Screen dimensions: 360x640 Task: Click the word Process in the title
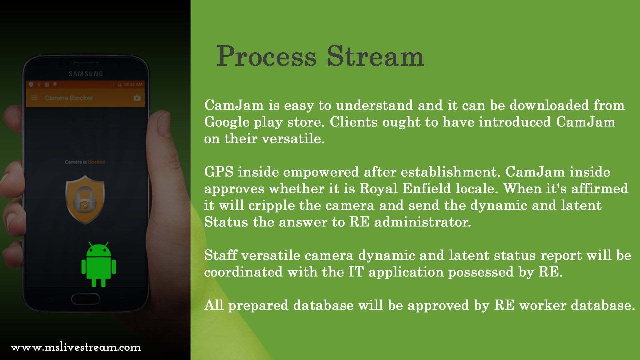click(266, 57)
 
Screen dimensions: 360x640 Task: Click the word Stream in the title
click(375, 57)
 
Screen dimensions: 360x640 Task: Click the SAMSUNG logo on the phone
click(86, 74)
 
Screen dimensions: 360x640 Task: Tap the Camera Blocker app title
click(69, 98)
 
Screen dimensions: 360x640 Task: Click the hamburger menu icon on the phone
click(34, 98)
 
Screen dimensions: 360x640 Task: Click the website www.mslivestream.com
click(76, 347)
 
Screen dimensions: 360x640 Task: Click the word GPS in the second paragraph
click(219, 172)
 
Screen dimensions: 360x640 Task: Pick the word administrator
click(422, 222)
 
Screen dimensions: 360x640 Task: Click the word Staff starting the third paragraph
click(221, 256)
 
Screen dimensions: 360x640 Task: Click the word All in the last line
click(214, 305)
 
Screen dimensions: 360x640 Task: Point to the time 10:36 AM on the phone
click(133, 85)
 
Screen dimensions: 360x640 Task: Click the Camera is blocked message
click(85, 162)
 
